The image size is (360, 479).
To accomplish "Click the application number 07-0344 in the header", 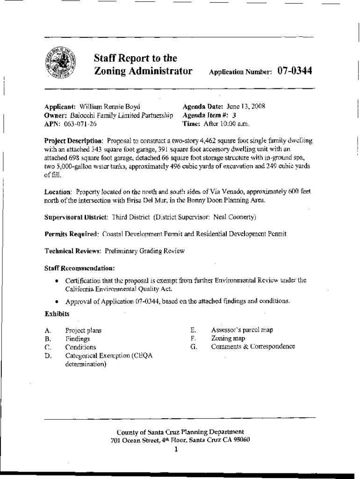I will coord(295,72).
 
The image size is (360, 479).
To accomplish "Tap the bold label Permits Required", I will coord(72,233).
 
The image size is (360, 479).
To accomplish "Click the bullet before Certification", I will coord(57,281).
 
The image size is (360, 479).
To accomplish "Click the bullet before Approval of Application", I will coord(57,302).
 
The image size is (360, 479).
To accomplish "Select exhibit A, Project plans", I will coord(84,330).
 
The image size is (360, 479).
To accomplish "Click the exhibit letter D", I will coord(47,356).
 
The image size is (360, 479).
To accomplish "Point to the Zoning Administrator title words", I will coord(144,72).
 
